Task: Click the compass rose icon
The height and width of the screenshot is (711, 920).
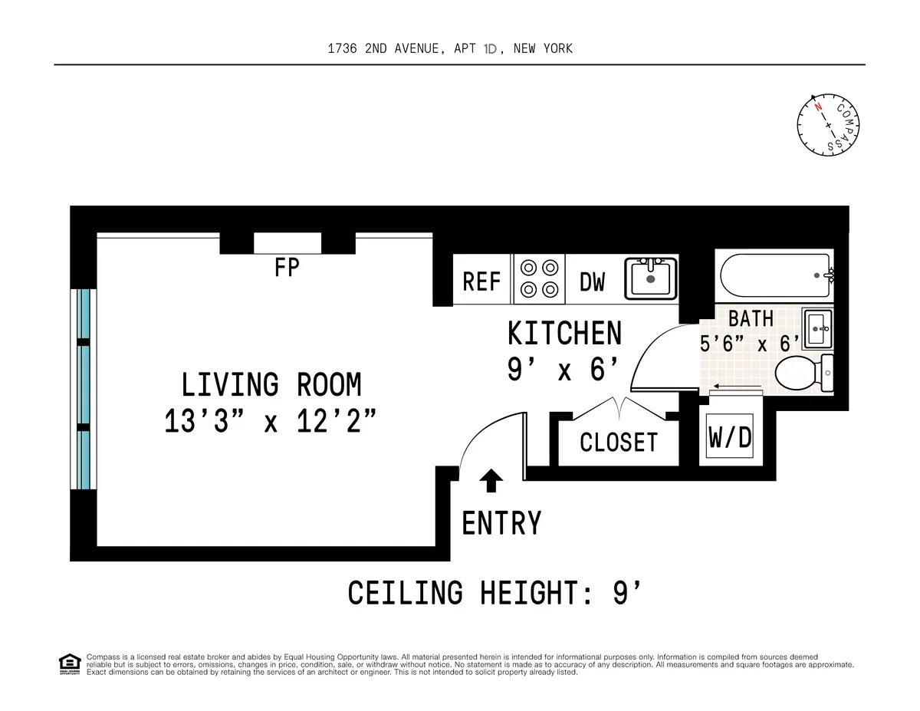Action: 828,124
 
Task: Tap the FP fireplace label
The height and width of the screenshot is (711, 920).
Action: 287,268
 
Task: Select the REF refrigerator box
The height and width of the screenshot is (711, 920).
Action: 481,281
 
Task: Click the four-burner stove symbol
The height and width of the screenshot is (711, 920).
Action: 538,278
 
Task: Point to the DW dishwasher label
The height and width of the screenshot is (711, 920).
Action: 592,282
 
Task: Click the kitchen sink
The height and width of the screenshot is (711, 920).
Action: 651,278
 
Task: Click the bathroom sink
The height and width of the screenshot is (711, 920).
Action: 818,328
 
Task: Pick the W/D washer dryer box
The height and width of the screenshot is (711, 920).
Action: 729,438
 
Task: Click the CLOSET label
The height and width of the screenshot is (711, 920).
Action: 618,443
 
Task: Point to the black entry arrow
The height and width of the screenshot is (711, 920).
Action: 491,481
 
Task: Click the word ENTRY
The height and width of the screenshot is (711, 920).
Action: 501,523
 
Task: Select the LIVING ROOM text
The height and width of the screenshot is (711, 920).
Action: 271,384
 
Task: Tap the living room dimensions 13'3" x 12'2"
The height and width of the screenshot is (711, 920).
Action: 271,421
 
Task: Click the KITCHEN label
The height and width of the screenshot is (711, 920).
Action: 564,334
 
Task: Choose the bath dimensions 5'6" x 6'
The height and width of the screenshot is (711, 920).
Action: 749,343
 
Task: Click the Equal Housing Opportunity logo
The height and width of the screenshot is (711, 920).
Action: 70,664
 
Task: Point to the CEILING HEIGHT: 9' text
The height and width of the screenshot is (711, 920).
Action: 494,593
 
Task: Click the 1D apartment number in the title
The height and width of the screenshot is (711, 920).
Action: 491,49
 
